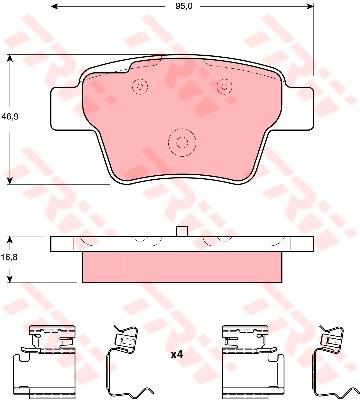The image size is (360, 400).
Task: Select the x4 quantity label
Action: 177,355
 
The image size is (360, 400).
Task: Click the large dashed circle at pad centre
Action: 182,143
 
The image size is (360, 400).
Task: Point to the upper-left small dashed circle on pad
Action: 140,87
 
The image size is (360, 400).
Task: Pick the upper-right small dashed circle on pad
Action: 224,86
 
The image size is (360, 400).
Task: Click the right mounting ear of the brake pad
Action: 300,109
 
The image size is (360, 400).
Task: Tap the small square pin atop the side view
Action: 182,231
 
